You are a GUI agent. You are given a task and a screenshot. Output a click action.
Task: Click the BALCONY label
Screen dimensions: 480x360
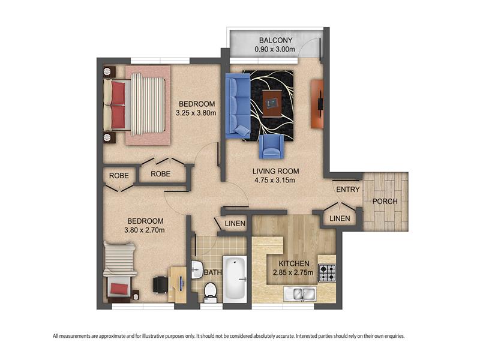coord(275,40)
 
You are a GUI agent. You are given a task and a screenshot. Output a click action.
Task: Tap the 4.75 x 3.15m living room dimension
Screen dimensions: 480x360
coord(275,181)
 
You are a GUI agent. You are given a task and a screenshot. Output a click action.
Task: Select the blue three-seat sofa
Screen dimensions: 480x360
coord(238,106)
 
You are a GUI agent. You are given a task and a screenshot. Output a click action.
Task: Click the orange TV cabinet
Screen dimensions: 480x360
coord(317,104)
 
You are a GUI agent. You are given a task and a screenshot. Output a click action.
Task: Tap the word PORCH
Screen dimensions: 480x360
coord(385,202)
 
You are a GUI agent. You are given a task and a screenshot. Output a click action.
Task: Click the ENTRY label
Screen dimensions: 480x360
coord(348,190)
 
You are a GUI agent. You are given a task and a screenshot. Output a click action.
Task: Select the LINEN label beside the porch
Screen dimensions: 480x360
coord(340,218)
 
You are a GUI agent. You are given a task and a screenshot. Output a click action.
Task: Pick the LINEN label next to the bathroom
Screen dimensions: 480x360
coord(235,223)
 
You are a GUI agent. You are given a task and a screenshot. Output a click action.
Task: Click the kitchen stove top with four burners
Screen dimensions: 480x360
coord(327,273)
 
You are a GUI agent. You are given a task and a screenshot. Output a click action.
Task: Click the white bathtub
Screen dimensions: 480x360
coord(235,278)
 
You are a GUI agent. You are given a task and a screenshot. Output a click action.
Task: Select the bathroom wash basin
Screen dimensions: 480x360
coord(197,269)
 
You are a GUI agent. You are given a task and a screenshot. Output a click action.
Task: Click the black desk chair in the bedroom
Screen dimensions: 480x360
coord(160,284)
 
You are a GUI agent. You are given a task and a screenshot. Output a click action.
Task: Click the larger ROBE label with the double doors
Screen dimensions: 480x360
coord(160,174)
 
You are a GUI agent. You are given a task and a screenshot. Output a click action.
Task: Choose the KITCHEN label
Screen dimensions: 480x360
coord(294,263)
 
